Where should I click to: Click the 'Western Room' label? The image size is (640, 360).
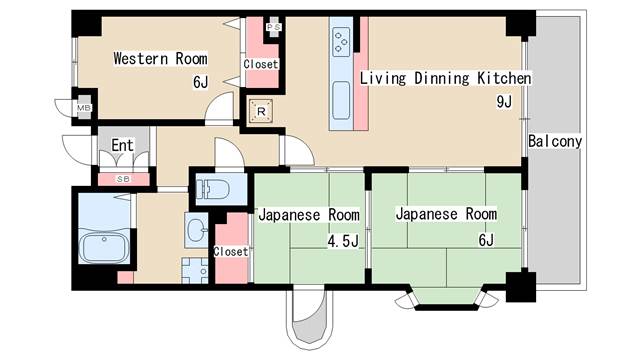tap(160, 59)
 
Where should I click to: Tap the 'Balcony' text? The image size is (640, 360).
tap(555, 141)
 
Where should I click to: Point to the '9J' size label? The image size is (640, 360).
tap(503, 101)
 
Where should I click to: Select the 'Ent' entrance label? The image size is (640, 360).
tap(122, 146)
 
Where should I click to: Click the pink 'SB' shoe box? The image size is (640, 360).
tap(122, 179)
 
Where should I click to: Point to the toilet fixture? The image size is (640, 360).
tap(214, 188)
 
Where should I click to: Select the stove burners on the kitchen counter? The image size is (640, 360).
tap(341, 41)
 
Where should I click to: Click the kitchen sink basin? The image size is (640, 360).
tap(340, 100)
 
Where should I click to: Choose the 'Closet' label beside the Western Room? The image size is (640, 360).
tap(261, 64)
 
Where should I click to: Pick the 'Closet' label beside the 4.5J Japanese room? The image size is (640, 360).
tap(230, 252)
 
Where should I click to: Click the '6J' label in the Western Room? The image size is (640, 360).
tap(201, 82)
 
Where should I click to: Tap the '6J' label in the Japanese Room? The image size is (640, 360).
tap(485, 240)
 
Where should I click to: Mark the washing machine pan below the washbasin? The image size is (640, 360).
tap(194, 269)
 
